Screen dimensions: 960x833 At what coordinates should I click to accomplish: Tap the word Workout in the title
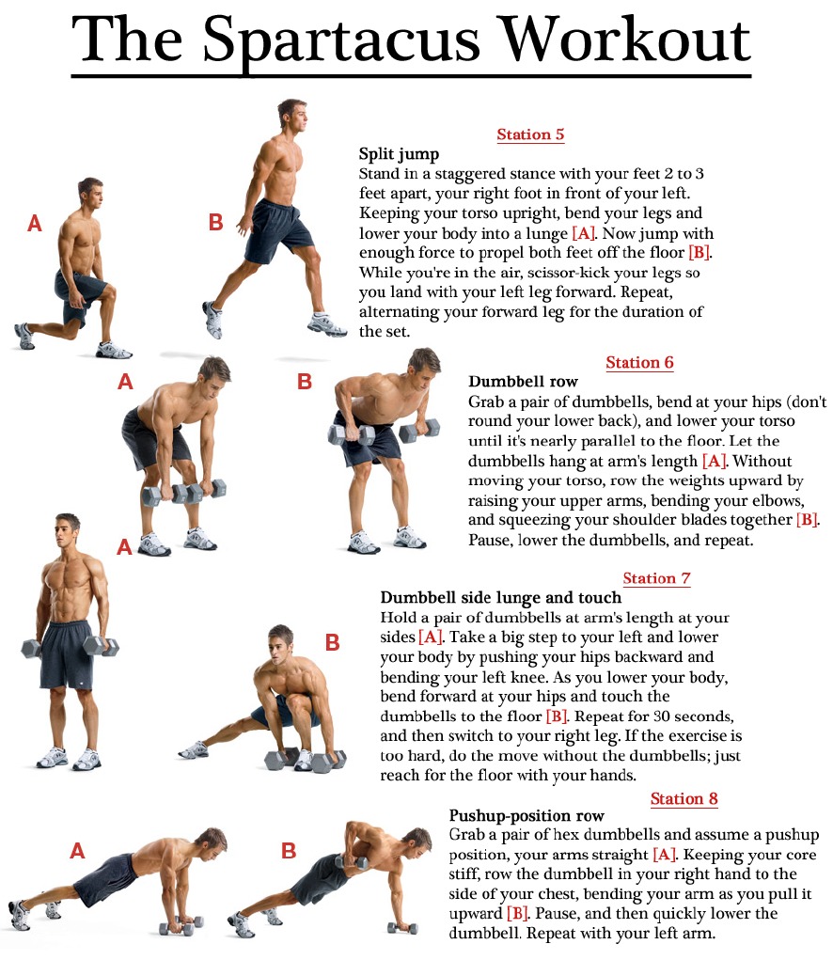624,40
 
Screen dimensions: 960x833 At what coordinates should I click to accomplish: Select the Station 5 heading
530,134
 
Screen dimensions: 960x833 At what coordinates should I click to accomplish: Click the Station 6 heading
639,363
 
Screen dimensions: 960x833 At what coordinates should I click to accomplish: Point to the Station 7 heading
656,578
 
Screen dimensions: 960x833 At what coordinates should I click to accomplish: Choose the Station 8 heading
684,799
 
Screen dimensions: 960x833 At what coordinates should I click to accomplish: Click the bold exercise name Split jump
400,153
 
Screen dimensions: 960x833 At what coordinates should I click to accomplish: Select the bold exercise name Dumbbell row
523,382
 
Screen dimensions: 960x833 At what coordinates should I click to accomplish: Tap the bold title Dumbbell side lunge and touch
500,598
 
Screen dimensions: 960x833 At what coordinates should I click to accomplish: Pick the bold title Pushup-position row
527,816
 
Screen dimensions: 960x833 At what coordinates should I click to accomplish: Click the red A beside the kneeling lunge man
35,224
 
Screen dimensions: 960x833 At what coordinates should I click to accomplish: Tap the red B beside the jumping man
215,223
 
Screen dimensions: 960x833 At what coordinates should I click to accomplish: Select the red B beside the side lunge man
332,642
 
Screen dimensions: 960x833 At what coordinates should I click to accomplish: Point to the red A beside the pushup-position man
77,851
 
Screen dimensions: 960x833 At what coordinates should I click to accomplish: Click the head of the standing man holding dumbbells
67,532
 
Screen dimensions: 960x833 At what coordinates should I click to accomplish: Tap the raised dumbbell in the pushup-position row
352,861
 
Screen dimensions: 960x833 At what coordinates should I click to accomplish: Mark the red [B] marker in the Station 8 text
517,914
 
